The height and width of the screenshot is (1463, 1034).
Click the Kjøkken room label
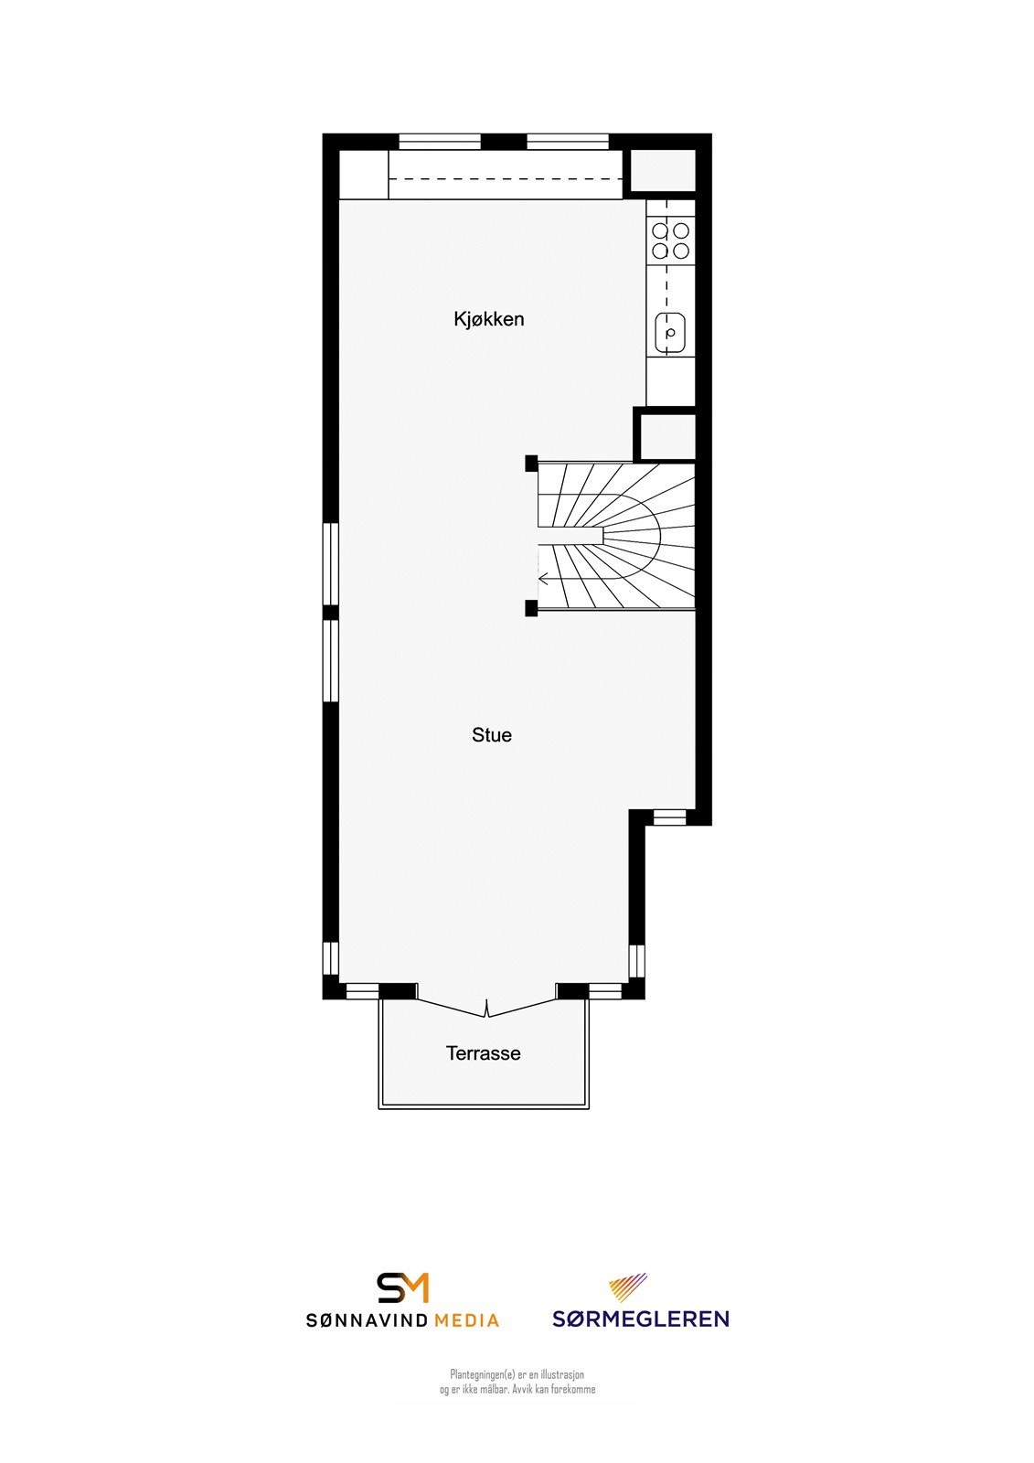(x=489, y=319)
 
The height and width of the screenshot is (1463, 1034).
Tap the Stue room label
(x=492, y=735)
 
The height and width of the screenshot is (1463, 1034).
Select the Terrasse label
(x=484, y=1053)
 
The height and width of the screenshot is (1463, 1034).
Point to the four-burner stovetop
(x=670, y=240)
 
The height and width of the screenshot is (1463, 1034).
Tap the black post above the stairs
(x=531, y=464)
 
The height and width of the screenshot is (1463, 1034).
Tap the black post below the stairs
(x=531, y=609)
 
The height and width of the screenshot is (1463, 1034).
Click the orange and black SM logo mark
(x=403, y=1287)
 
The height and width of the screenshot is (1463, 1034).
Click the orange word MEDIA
(x=466, y=1320)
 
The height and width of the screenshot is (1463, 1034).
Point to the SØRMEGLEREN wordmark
(x=640, y=1319)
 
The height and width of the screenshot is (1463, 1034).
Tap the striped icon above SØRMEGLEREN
(x=628, y=1287)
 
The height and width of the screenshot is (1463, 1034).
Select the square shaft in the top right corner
(x=663, y=171)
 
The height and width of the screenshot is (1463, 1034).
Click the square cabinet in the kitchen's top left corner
(x=364, y=175)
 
